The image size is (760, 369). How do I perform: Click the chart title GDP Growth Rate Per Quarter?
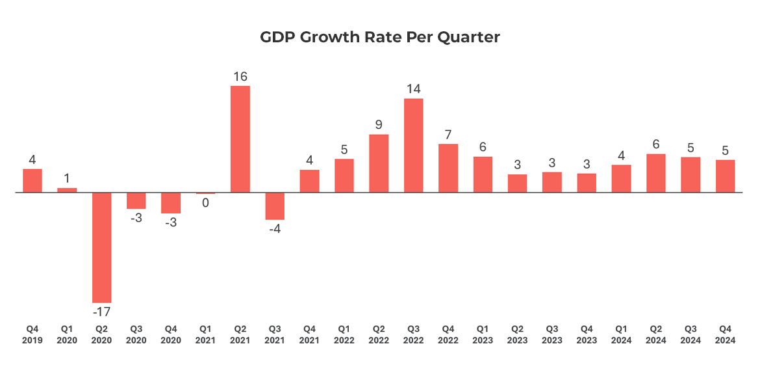point(380,38)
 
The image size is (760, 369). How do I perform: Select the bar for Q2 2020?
point(101,247)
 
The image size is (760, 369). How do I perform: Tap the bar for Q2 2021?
point(240,139)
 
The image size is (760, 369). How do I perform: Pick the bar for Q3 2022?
point(414,146)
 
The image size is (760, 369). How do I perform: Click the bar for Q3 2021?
point(275,206)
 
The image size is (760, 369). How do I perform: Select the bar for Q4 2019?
point(32,181)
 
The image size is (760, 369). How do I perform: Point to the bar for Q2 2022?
point(379,163)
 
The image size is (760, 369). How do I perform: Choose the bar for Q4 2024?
point(726,176)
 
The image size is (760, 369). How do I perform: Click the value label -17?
point(101,312)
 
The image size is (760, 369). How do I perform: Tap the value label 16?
point(240,77)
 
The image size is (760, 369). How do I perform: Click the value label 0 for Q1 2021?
point(205,203)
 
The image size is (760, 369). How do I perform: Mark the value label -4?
point(275,229)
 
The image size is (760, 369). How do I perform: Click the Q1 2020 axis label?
point(67,335)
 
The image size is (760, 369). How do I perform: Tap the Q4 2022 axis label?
point(448,335)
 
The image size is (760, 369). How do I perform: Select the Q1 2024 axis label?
point(622,335)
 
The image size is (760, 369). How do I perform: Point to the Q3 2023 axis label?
point(552,335)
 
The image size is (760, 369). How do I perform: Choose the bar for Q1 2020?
point(67,190)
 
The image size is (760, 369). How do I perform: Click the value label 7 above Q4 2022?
point(448,135)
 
